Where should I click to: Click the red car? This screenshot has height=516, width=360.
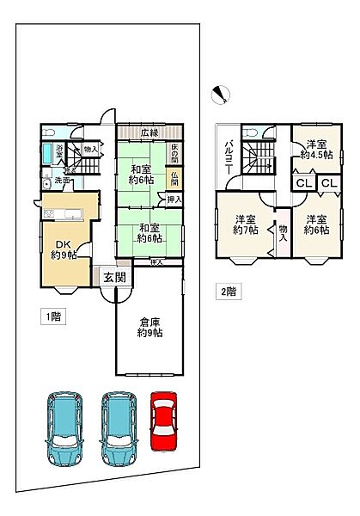point(163,422)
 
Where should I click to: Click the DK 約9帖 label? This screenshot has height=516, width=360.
point(64,248)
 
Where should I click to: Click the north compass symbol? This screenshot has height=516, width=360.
point(222,93)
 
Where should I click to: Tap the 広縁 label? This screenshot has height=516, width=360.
point(150,133)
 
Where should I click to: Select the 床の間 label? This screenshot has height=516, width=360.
point(174,154)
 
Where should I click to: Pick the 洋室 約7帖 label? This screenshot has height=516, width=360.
point(246,224)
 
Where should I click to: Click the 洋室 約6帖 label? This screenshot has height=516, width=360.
point(315,224)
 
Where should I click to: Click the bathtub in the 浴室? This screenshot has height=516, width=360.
point(48,157)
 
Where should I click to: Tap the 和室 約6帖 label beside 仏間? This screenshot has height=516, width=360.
point(141,173)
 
